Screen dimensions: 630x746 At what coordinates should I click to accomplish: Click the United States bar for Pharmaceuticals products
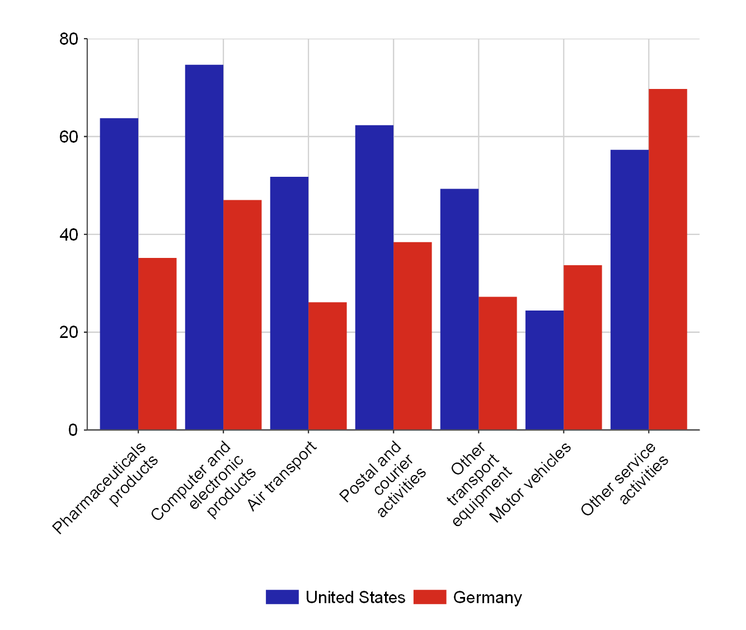119,274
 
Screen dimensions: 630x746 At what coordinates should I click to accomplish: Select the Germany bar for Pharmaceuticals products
157,344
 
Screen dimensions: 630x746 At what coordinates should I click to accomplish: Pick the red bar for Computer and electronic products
242,314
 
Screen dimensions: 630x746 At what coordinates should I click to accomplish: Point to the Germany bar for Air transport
327,366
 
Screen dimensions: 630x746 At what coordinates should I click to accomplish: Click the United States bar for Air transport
289,303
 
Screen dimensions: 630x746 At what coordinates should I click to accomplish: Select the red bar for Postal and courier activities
412,336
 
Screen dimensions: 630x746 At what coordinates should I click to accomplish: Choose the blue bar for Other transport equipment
459,309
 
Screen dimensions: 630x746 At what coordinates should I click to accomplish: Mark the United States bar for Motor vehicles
545,370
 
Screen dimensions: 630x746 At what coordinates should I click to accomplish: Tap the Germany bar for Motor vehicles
583,347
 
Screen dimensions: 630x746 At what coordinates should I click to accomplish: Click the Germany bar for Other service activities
668,259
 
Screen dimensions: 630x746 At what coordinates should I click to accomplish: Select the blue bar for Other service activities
630,290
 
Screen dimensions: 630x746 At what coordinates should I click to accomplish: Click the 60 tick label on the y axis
68,137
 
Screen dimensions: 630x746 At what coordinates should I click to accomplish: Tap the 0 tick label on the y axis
73,430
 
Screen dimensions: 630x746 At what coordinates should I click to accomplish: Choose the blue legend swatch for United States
282,597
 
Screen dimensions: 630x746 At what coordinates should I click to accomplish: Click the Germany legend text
487,598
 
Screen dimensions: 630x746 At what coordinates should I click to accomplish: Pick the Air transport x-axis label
282,476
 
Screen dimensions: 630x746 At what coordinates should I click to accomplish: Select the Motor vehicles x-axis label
530,482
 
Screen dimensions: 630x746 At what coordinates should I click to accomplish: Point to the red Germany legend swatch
430,597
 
